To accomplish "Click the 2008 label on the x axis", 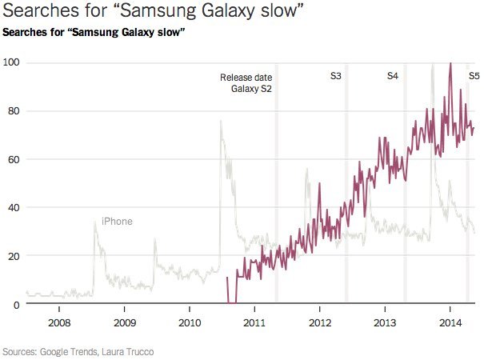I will click(x=58, y=322).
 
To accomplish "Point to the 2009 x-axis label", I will click(x=124, y=322).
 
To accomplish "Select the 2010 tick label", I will click(x=189, y=322).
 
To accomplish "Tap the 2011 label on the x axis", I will click(x=254, y=322).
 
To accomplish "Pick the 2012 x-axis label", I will click(x=319, y=322).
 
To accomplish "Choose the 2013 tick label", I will click(x=385, y=322).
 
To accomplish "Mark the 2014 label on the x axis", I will click(x=450, y=322).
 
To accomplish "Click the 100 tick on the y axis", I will click(x=11, y=62).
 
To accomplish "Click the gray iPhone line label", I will click(x=117, y=222).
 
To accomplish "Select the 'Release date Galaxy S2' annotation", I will click(x=246, y=83).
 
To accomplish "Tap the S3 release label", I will click(x=336, y=77).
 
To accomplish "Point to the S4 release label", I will click(x=393, y=77).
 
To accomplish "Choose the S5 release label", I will click(x=474, y=77).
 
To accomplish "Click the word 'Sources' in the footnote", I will click(x=22, y=351).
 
